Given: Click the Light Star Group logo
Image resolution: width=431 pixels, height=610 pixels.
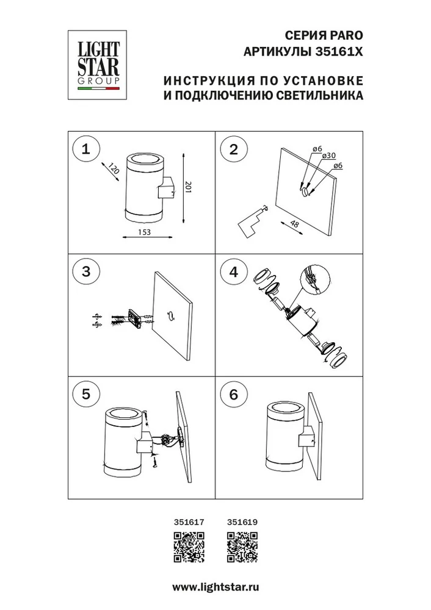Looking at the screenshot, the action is (99, 65).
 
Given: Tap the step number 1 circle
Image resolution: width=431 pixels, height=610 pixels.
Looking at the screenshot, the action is (86, 149).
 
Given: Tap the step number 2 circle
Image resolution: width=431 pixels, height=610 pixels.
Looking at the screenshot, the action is (234, 149).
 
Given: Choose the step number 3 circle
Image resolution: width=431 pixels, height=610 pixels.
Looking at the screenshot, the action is (86, 271).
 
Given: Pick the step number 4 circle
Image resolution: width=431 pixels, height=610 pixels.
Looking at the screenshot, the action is (234, 271).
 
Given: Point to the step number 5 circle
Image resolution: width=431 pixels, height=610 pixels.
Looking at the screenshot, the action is (86, 394).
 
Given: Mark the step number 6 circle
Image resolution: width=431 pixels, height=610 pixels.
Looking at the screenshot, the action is (234, 394).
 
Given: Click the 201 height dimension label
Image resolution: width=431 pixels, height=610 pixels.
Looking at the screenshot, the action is (189, 188).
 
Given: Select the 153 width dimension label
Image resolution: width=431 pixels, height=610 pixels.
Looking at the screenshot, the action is (144, 232).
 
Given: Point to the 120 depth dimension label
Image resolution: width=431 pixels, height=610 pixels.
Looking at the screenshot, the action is (114, 169).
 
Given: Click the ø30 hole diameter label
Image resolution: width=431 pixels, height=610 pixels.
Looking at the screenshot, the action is (329, 155).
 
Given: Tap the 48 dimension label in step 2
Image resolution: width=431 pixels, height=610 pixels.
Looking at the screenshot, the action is (295, 224).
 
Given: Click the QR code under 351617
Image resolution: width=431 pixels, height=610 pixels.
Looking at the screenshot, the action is (189, 547).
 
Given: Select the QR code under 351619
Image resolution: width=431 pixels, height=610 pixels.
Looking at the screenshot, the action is (242, 547).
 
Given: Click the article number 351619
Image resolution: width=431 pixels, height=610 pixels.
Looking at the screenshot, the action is (242, 522).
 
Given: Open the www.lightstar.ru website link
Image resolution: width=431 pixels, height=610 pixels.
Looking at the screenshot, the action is (215, 587).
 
